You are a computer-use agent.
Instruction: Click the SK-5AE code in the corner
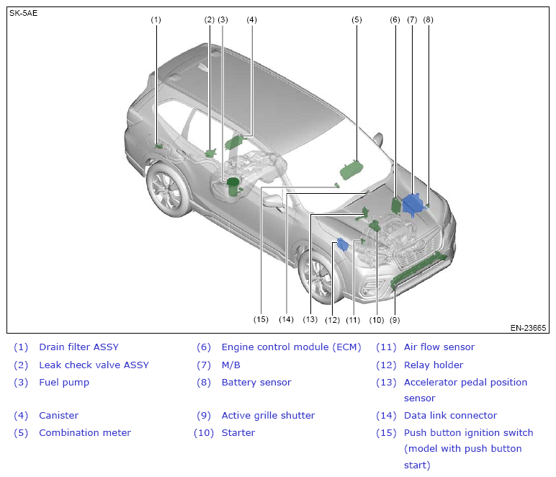pyautogui.click(x=23, y=13)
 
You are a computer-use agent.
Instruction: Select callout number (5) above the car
pyautogui.click(x=357, y=20)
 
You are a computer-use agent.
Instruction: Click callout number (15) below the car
pyautogui.click(x=261, y=319)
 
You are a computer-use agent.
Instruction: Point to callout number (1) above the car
pyautogui.click(x=156, y=20)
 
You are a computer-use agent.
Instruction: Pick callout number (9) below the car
pyautogui.click(x=395, y=319)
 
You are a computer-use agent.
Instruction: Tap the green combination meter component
pyautogui.click(x=351, y=170)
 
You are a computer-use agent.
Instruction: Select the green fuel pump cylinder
pyautogui.click(x=233, y=187)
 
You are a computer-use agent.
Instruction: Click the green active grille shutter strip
pyautogui.click(x=419, y=269)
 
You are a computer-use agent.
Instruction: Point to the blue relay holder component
pyautogui.click(x=343, y=245)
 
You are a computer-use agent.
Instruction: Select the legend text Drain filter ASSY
pyautogui.click(x=79, y=347)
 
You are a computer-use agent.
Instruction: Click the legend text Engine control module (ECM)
pyautogui.click(x=291, y=347)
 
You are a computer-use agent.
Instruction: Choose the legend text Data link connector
pyautogui.click(x=450, y=415)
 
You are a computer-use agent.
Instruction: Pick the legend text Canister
pyautogui.click(x=58, y=415)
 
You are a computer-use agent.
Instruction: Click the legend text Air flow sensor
pyautogui.click(x=439, y=347)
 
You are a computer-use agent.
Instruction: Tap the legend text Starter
pyautogui.click(x=238, y=432)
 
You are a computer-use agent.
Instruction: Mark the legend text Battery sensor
pyautogui.click(x=256, y=382)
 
